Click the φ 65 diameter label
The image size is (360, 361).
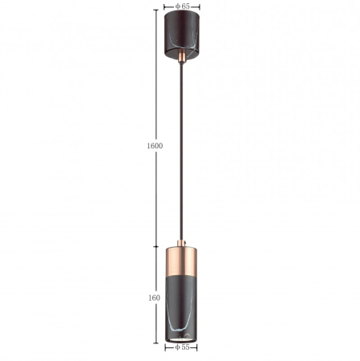[x=183, y=6]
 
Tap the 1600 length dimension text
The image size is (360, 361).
[x=155, y=146]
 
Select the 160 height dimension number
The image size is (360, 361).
[x=154, y=298]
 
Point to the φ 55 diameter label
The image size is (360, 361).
[x=182, y=347]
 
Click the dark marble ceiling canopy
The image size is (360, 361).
[x=182, y=34]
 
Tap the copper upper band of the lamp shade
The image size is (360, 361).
[x=181, y=262]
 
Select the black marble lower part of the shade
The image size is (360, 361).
[x=181, y=307]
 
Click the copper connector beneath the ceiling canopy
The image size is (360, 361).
[x=182, y=57]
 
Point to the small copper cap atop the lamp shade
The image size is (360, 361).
[x=181, y=243]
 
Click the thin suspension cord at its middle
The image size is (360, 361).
[x=182, y=152]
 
